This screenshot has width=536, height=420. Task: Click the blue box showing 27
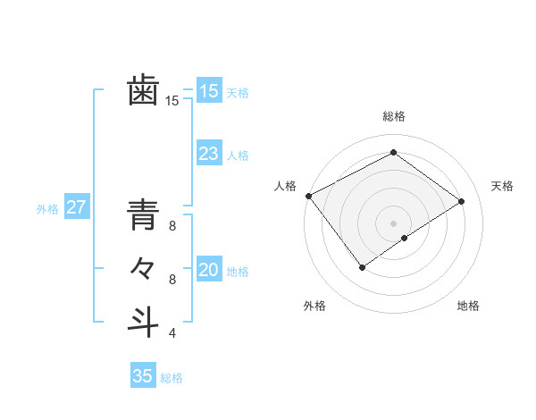tap(76, 208)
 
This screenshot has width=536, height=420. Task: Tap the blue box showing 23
tap(208, 154)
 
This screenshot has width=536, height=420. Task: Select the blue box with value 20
tap(208, 270)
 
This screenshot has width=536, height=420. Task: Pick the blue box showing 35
tap(143, 376)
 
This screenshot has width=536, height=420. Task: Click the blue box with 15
tap(208, 90)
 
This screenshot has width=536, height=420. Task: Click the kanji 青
tap(143, 217)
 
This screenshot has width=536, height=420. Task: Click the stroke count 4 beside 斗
tap(172, 333)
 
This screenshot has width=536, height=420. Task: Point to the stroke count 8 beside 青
tap(172, 226)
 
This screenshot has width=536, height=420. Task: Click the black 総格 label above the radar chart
tap(393, 116)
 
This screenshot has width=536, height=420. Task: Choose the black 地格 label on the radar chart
tap(468, 307)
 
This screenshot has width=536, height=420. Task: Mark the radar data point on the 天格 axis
tap(462, 200)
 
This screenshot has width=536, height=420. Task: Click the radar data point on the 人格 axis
tap(308, 196)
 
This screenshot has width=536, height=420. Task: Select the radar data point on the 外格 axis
tap(362, 266)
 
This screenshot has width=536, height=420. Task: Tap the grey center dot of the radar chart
tap(393, 223)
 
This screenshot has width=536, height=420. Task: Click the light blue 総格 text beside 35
tap(172, 378)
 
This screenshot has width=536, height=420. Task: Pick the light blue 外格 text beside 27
tap(47, 209)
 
